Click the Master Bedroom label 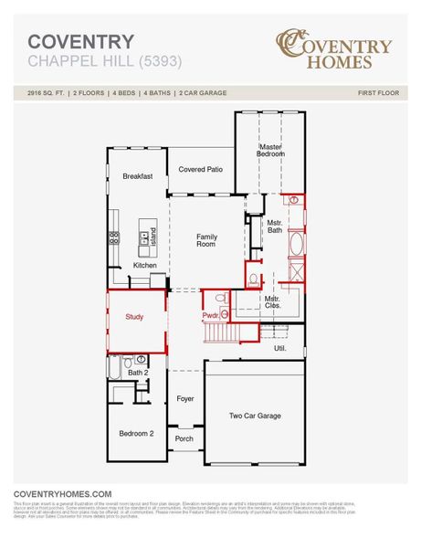pos(269,151)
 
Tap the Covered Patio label pos(201,169)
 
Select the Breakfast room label pos(137,175)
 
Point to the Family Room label pos(206,240)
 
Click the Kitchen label pos(145,265)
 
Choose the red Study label pos(134,317)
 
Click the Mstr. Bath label pos(273,226)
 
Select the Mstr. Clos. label pos(272,302)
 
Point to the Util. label pos(280,348)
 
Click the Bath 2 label pos(137,373)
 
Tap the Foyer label pos(185,399)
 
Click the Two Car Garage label pos(254,416)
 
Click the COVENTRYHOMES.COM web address pos(62,493)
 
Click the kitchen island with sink pos(147,241)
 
